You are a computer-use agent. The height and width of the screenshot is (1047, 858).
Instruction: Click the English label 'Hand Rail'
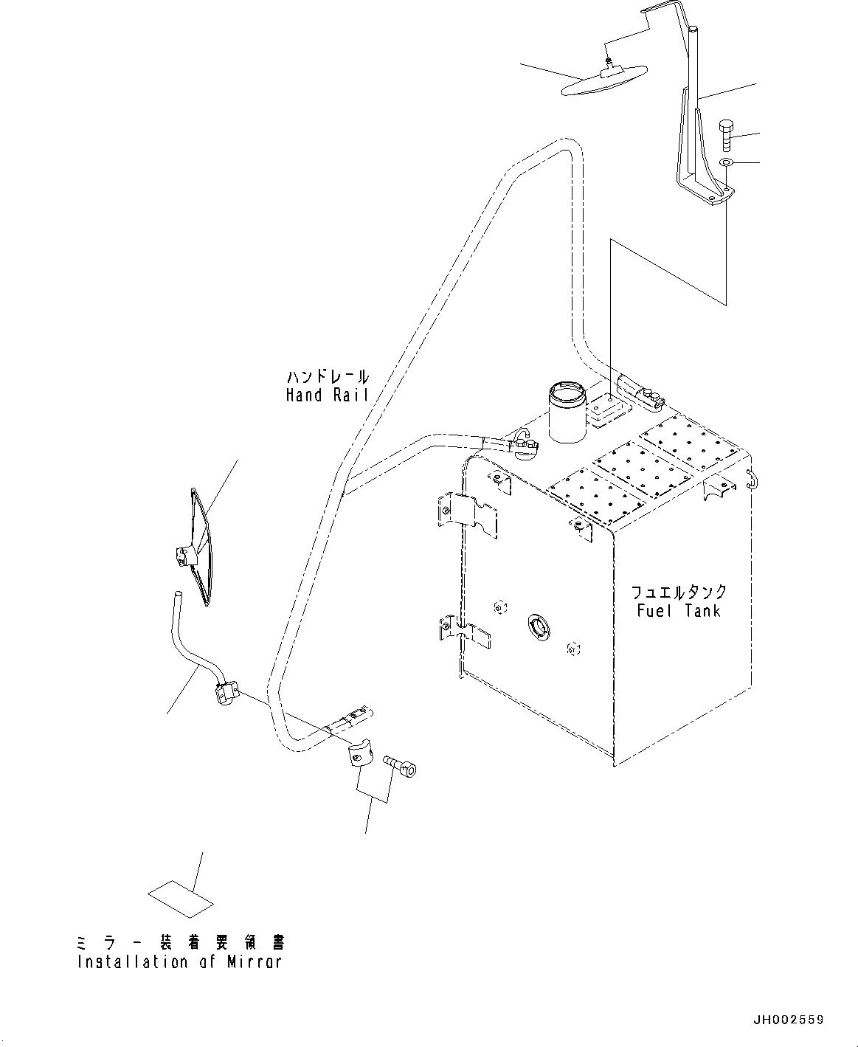(327, 395)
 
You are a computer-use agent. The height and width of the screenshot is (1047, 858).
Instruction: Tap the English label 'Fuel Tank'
(678, 611)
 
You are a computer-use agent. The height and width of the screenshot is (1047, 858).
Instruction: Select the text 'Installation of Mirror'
(179, 962)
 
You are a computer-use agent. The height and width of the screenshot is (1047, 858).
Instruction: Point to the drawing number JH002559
(787, 1020)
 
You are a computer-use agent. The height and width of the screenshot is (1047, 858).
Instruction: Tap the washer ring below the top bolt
(726, 162)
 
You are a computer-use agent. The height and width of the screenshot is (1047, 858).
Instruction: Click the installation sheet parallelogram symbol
(181, 894)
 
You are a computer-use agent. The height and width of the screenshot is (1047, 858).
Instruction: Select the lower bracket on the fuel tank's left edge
(465, 632)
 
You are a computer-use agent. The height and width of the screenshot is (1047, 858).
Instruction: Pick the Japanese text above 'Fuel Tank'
(678, 592)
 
